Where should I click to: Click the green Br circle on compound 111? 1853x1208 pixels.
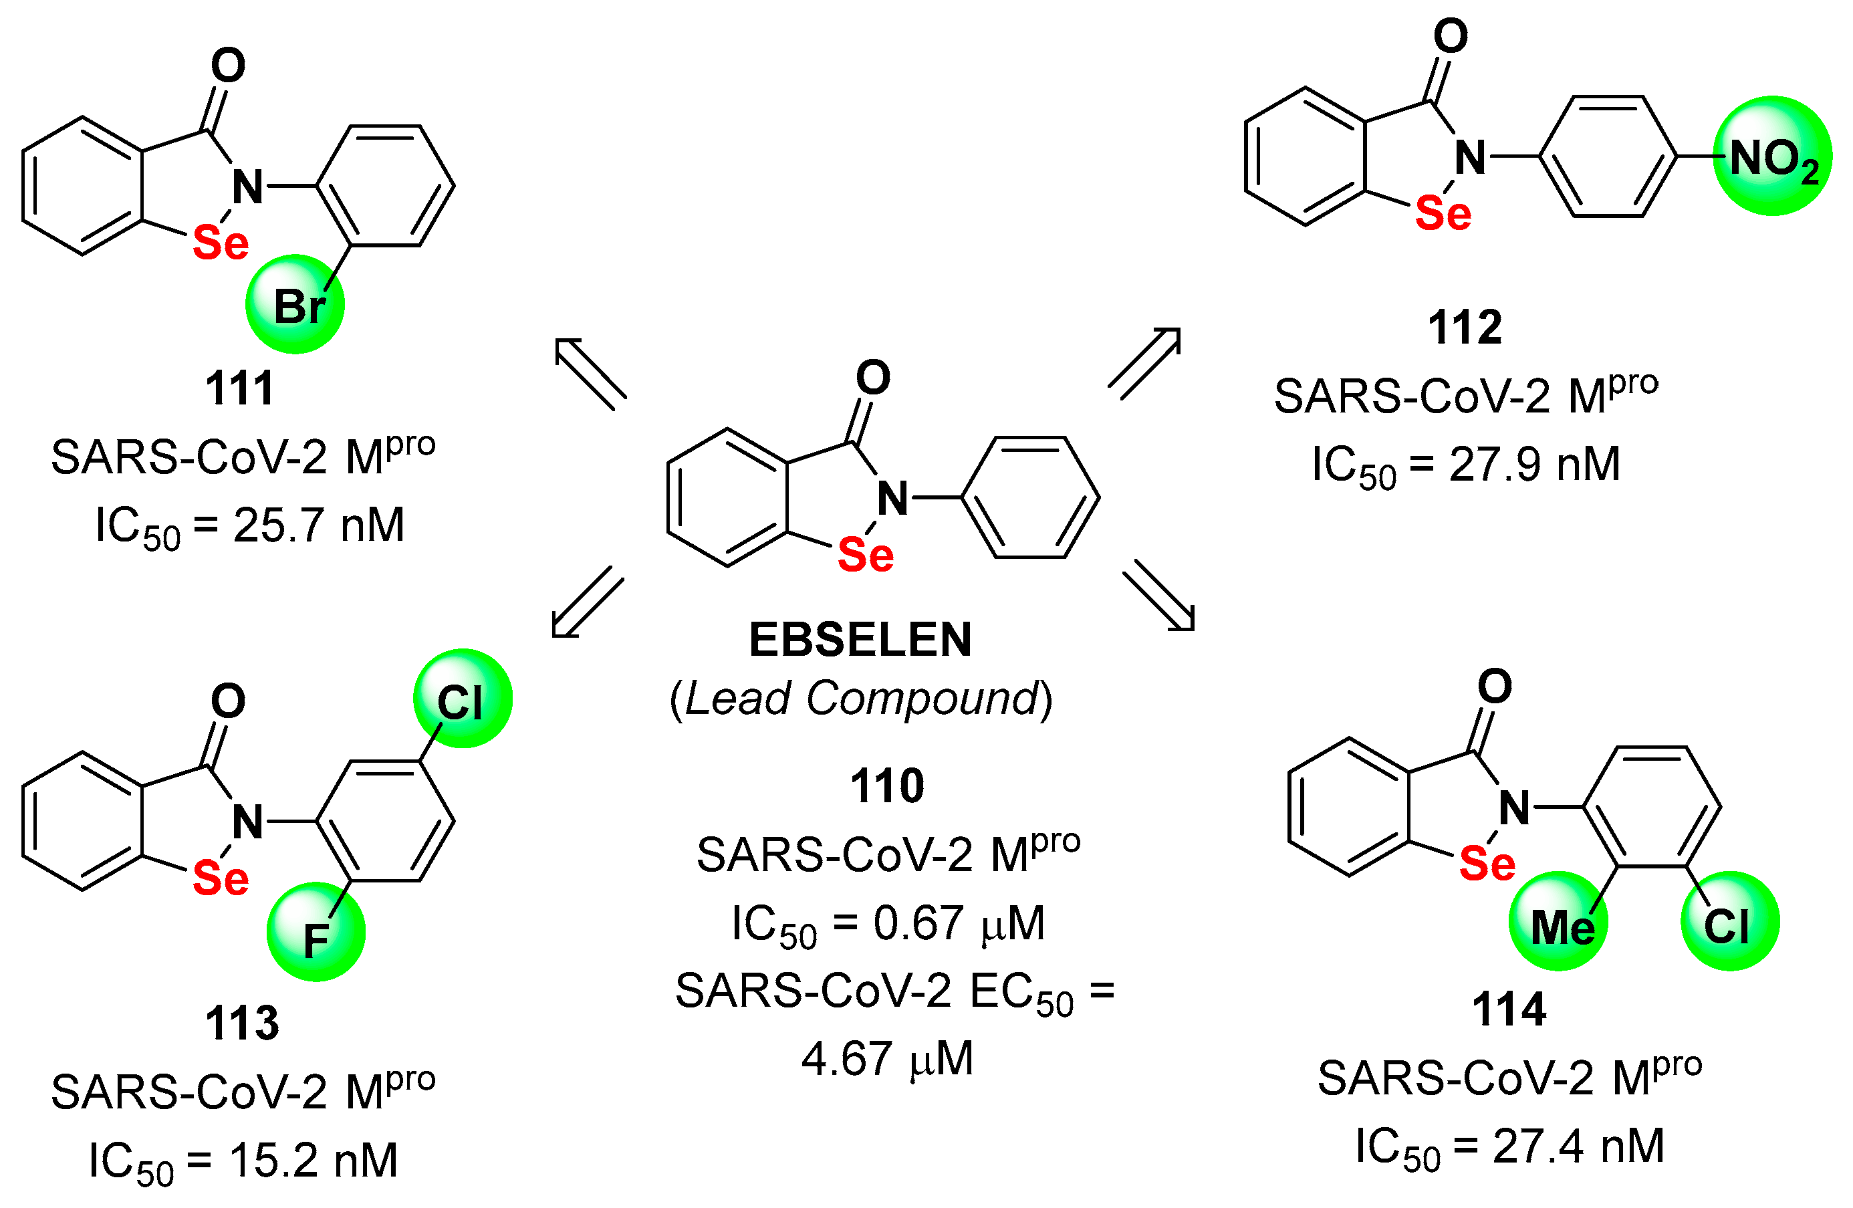click(295, 305)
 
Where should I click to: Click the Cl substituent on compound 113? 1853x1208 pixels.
click(462, 699)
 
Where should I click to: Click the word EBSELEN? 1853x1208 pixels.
click(860, 640)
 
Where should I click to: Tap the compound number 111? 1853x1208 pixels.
click(240, 388)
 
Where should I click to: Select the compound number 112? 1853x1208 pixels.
click(1465, 327)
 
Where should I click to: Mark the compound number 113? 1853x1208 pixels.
click(241, 1023)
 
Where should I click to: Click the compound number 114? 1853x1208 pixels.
click(1508, 1009)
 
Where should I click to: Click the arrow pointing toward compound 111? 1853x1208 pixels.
click(590, 373)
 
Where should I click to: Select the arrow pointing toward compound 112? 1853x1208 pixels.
click(1145, 363)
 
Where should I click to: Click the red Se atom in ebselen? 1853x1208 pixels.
click(865, 555)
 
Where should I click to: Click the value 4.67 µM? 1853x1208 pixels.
click(887, 1058)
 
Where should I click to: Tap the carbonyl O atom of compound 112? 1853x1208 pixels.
click(1451, 36)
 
